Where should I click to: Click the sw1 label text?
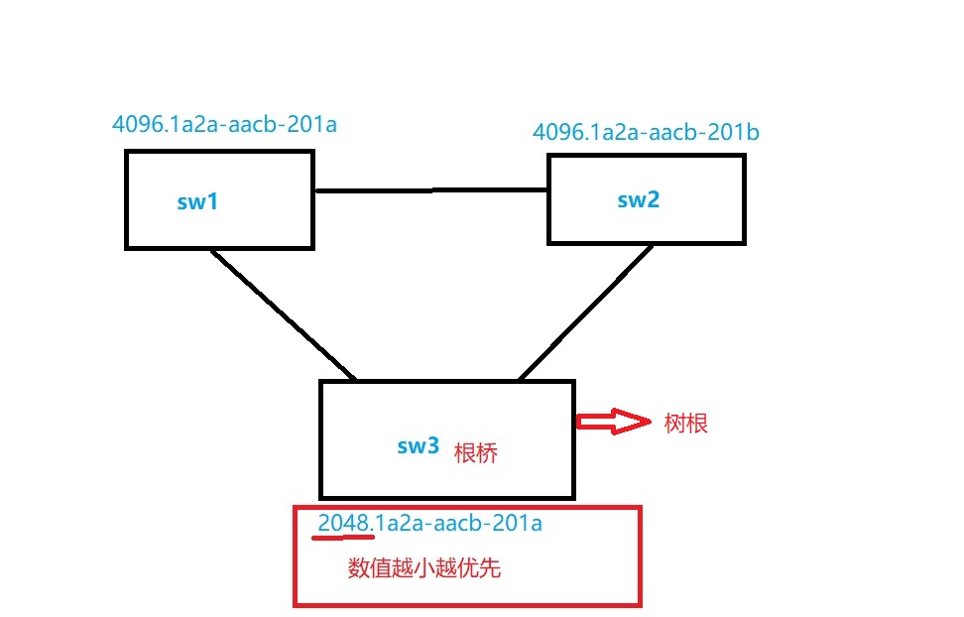click(x=197, y=202)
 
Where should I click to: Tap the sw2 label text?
click(x=638, y=199)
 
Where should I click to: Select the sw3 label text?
click(x=418, y=446)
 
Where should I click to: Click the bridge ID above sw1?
click(x=225, y=125)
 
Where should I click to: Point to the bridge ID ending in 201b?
click(x=646, y=132)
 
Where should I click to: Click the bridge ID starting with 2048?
click(x=429, y=523)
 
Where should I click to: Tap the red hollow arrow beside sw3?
click(x=608, y=423)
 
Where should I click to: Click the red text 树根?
click(x=685, y=424)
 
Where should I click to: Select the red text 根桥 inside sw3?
click(x=475, y=453)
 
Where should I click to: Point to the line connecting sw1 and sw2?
click(x=430, y=190)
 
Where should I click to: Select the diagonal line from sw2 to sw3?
click(x=585, y=312)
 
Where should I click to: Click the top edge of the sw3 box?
click(x=446, y=382)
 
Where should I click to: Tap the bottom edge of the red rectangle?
click(x=467, y=603)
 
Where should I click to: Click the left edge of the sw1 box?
click(x=127, y=198)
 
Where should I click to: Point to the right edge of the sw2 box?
click(x=743, y=199)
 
